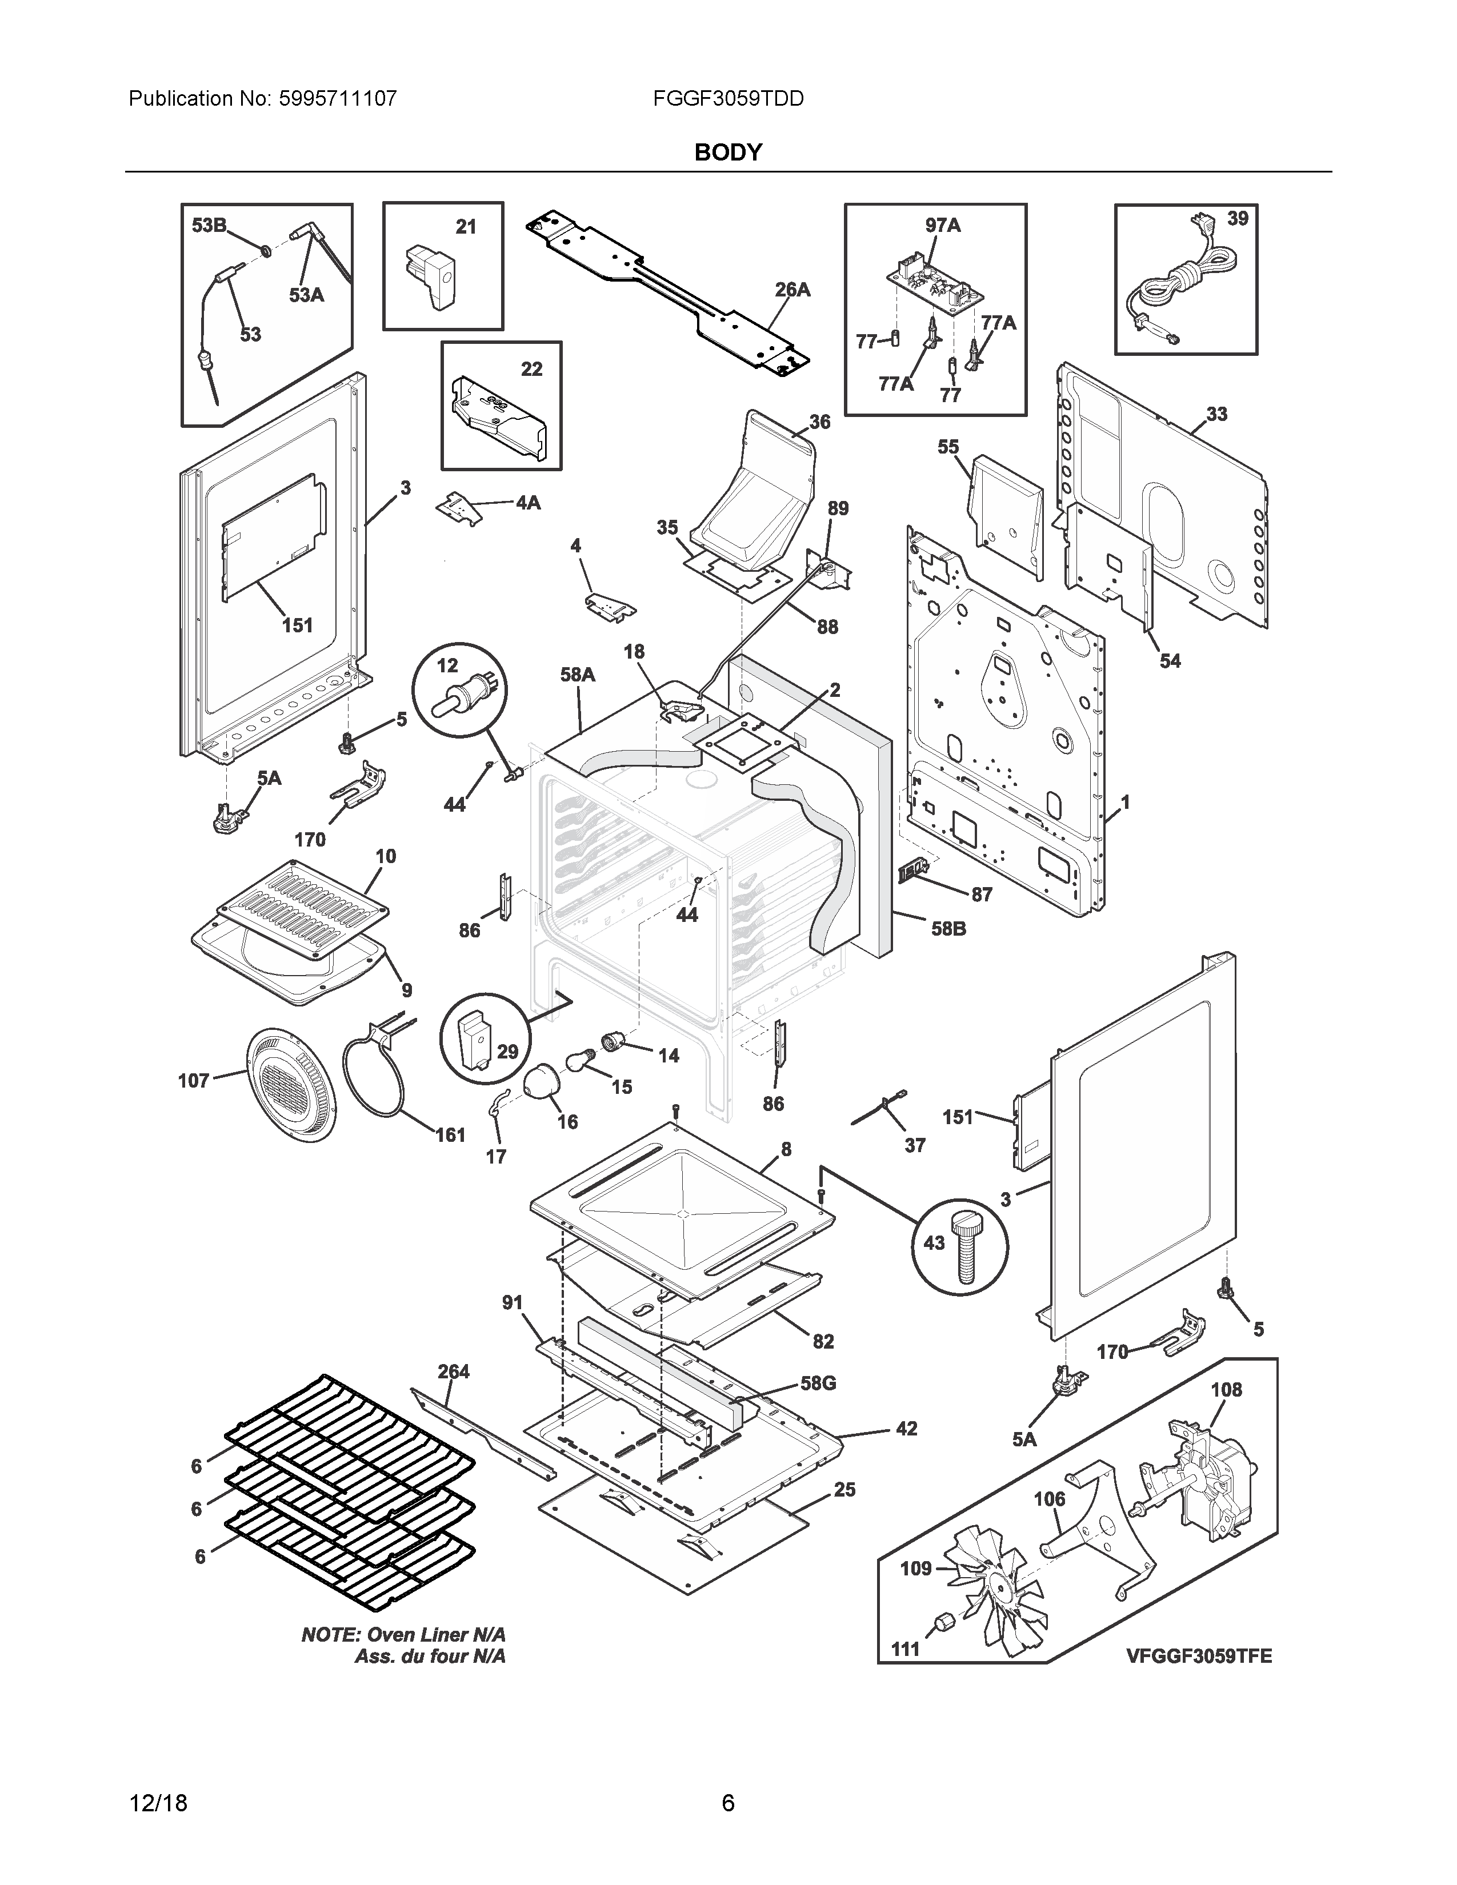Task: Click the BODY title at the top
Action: coord(727,153)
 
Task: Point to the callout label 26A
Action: coord(791,290)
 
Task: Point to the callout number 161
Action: coord(450,1135)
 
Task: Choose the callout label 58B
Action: coord(948,929)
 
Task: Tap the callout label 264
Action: coord(453,1371)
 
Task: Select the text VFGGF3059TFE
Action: coord(1198,1657)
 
